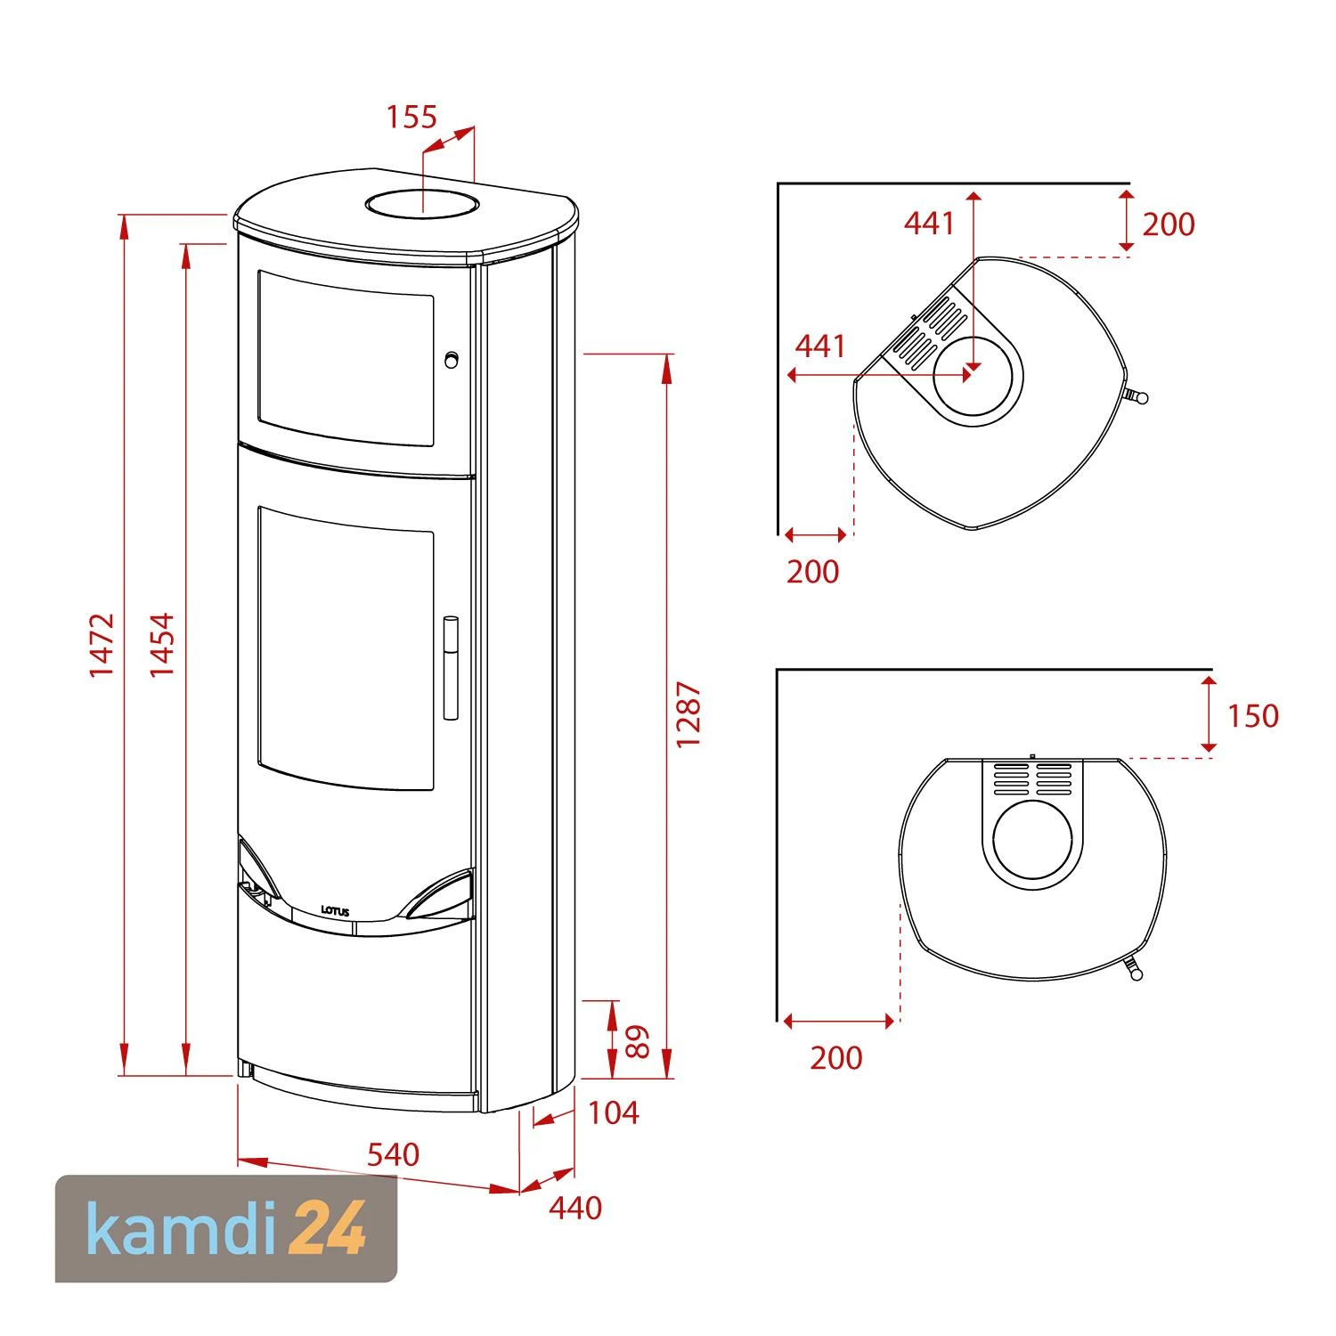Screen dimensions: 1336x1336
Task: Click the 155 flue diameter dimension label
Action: (411, 118)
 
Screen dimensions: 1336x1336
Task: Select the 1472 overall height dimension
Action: (102, 644)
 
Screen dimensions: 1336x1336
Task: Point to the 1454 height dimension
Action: (161, 644)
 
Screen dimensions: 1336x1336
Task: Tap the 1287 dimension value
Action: (688, 714)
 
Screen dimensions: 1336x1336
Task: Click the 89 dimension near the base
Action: (638, 1041)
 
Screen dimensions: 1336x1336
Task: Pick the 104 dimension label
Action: (614, 1112)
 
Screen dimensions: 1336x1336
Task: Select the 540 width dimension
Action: (393, 1154)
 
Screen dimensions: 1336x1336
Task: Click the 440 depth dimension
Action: (575, 1208)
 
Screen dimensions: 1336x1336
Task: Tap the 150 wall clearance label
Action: (1252, 715)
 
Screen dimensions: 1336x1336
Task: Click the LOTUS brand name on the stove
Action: (335, 910)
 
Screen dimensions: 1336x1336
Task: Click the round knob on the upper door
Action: (452, 359)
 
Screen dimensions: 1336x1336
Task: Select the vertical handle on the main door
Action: (451, 666)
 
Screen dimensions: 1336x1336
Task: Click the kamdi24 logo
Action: (226, 1228)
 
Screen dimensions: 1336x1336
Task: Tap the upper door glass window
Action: (346, 358)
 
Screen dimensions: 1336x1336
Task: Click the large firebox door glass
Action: (346, 648)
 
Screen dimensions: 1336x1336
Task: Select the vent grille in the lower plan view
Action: (1032, 778)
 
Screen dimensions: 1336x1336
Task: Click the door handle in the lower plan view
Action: (1132, 967)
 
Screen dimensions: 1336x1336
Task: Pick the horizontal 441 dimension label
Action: (819, 346)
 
